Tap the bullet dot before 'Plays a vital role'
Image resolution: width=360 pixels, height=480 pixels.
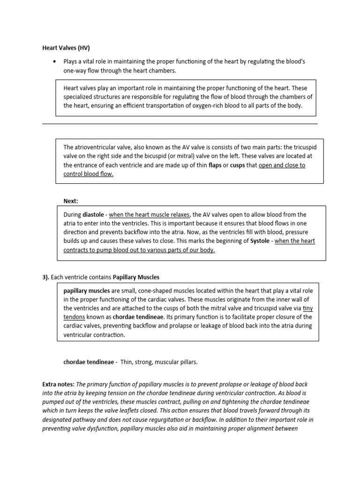pos(56,62)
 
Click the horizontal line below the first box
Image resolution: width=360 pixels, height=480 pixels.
pos(180,124)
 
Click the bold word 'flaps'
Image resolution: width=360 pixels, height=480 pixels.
pos(215,165)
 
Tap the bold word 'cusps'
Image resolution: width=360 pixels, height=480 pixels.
pos(238,165)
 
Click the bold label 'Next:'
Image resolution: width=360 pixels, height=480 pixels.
pos(71,201)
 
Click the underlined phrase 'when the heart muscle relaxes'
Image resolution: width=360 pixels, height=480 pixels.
pos(150,214)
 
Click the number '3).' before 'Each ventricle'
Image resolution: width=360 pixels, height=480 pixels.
pos(46,277)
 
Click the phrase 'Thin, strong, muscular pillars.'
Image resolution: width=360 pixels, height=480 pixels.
pos(159,362)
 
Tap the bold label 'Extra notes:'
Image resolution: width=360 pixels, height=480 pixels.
pos(59,384)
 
